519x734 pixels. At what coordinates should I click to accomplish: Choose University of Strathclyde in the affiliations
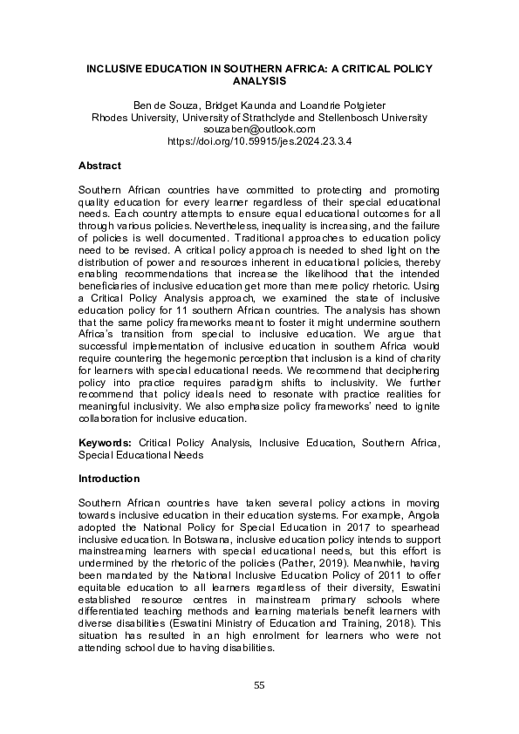click(x=238, y=117)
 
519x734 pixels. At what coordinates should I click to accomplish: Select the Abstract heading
click(x=99, y=166)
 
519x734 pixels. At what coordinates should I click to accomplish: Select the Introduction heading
click(x=110, y=479)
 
